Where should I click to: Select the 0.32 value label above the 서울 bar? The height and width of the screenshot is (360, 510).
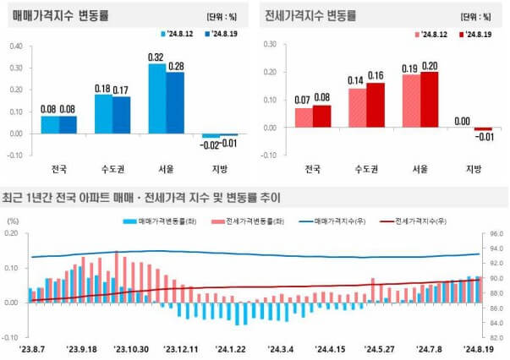(x=156, y=57)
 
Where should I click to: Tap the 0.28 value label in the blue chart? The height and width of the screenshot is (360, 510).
(x=175, y=66)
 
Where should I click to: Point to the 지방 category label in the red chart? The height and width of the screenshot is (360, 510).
(x=474, y=167)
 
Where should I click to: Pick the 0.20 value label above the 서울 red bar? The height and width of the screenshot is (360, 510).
(x=430, y=65)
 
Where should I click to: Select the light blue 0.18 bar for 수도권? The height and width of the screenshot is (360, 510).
(x=102, y=113)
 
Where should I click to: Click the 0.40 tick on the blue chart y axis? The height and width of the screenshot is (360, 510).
(x=16, y=46)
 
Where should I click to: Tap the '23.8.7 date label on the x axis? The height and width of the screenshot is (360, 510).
(x=34, y=348)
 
